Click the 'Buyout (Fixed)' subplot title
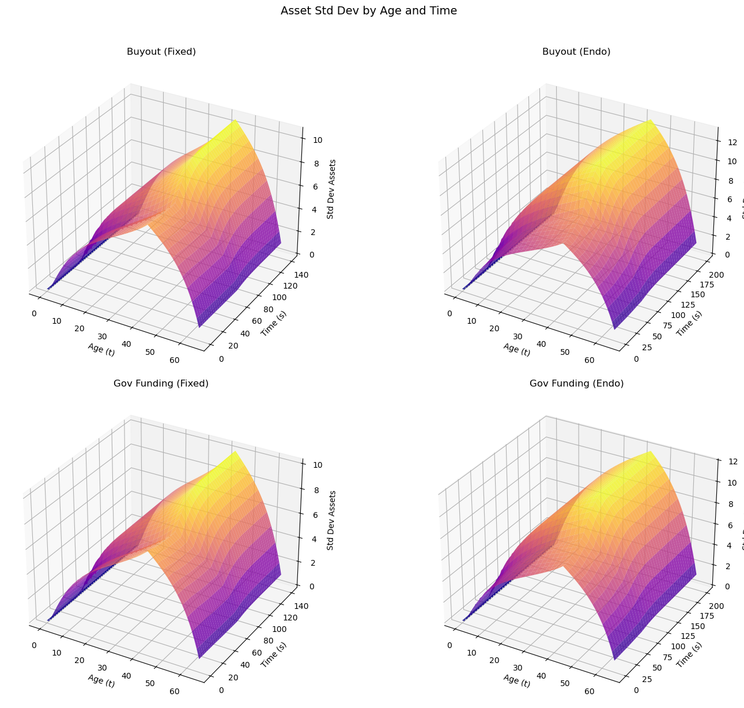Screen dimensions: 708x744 [161, 52]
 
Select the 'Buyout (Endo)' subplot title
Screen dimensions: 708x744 [576, 52]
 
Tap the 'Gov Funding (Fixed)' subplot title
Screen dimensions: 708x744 [161, 384]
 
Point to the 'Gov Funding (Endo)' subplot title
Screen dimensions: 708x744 [576, 384]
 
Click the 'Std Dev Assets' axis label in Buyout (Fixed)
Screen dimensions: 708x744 [331, 189]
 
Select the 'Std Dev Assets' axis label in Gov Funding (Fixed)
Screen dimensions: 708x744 [331, 520]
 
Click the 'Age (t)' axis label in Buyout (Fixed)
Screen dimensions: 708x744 [101, 349]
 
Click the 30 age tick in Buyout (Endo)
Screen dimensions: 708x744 [518, 336]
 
